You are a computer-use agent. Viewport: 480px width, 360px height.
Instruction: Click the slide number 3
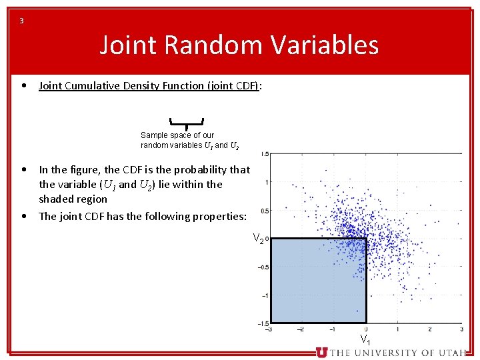click(x=21, y=21)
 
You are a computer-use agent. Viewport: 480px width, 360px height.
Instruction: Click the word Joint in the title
click(x=127, y=45)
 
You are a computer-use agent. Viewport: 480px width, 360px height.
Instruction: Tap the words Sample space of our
click(x=177, y=135)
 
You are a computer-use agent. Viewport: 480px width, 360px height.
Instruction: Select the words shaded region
click(x=73, y=199)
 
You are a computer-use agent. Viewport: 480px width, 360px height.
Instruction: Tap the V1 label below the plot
click(x=365, y=339)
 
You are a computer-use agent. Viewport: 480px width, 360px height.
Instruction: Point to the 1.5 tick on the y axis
click(x=265, y=154)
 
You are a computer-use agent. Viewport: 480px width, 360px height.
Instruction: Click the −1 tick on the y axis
click(x=265, y=295)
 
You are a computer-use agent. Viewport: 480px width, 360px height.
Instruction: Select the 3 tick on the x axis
click(x=461, y=329)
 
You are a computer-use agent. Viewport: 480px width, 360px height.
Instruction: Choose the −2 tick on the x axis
click(x=300, y=329)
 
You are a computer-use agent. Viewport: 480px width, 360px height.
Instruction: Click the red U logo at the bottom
click(x=321, y=352)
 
